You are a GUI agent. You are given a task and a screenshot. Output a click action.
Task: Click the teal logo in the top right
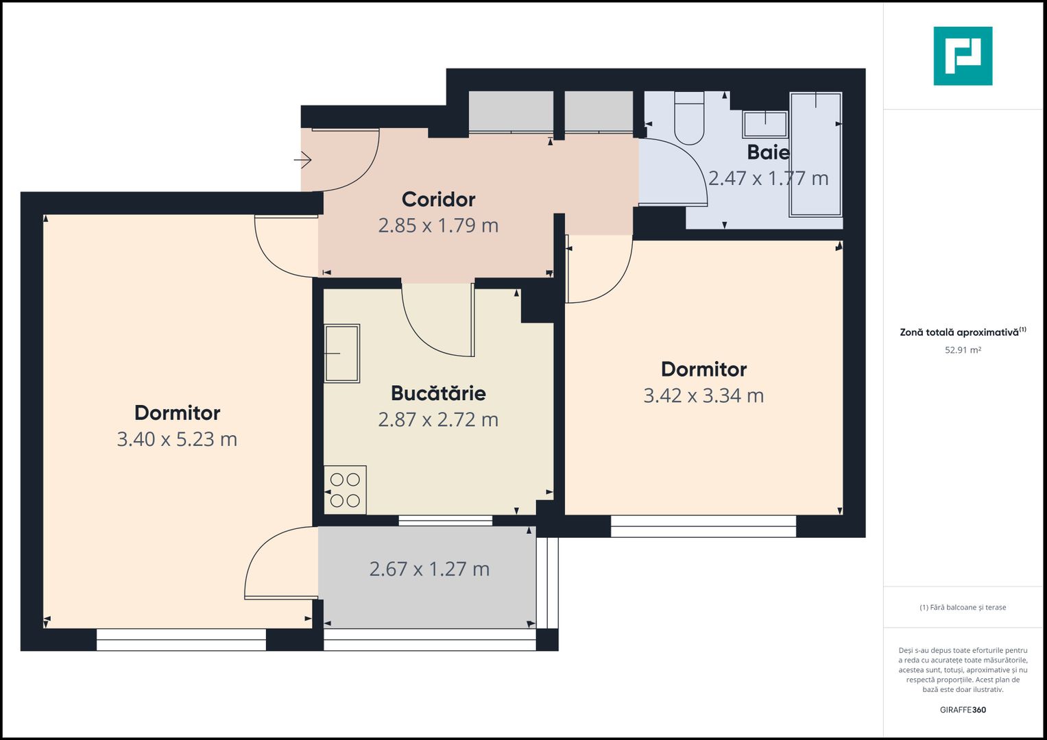tap(963, 56)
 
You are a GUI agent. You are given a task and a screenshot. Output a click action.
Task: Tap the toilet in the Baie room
tap(689, 118)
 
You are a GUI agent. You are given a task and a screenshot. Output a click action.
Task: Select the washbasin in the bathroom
tap(765, 124)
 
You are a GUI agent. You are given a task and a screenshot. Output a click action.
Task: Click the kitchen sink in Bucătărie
tap(341, 353)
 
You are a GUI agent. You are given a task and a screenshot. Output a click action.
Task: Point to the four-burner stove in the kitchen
tap(345, 490)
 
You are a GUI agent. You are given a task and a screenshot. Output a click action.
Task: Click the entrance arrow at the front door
tap(303, 160)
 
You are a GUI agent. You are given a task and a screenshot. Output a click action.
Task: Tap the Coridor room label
tap(438, 199)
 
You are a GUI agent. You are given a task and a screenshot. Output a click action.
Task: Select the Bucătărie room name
tap(438, 393)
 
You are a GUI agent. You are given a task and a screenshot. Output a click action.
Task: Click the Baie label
tap(768, 152)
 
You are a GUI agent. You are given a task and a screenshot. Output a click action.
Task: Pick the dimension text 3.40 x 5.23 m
tap(177, 439)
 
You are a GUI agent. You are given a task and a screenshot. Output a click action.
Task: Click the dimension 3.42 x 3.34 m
tap(703, 395)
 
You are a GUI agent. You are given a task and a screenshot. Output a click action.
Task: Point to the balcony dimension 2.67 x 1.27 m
tap(429, 569)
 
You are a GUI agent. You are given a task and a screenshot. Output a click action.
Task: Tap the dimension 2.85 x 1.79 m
tap(438, 225)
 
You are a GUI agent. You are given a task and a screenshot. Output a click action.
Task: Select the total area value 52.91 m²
tap(963, 350)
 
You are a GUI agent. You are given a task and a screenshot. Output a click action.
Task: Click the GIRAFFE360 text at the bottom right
tap(963, 710)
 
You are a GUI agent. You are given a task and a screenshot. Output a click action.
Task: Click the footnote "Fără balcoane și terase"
tap(963, 607)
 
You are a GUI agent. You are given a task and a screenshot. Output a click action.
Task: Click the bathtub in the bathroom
tap(815, 154)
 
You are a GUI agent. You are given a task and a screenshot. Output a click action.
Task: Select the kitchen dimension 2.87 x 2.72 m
tap(438, 419)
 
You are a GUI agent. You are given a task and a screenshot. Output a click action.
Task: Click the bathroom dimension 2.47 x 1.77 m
tap(768, 178)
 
